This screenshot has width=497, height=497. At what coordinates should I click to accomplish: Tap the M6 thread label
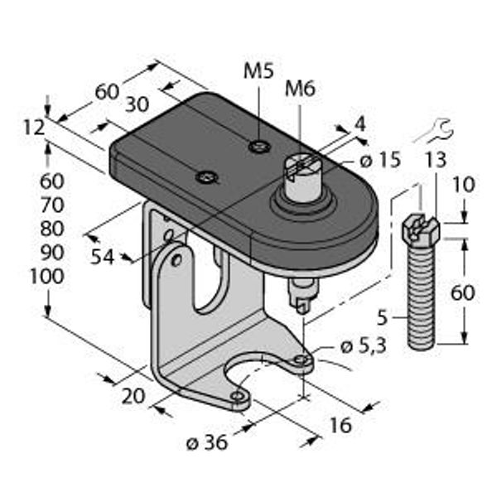click(x=300, y=89)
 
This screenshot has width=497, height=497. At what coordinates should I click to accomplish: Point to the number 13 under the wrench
click(x=437, y=159)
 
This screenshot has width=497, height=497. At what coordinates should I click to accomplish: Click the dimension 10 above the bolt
click(x=465, y=184)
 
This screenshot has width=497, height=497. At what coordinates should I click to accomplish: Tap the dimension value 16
click(x=340, y=425)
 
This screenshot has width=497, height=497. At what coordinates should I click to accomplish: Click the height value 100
click(x=46, y=277)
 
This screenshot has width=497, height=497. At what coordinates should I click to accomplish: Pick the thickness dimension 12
click(x=33, y=127)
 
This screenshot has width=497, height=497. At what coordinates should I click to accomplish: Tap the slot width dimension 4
click(x=359, y=124)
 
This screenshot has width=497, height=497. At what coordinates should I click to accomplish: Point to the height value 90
click(x=51, y=252)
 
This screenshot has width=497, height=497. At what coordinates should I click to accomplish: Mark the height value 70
click(x=51, y=204)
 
